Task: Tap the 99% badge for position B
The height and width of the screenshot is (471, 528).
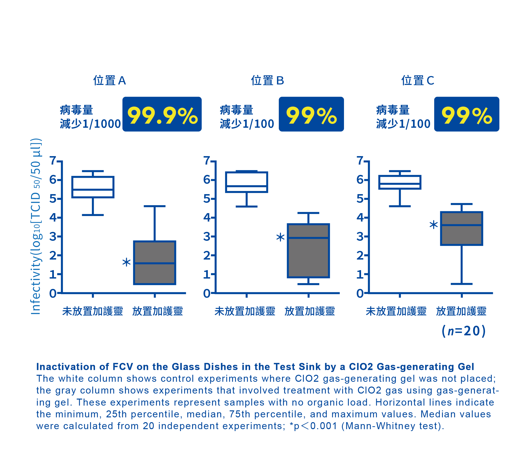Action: click(x=311, y=114)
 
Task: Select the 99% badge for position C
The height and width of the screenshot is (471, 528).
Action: click(x=466, y=114)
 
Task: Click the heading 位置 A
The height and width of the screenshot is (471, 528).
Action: click(x=109, y=81)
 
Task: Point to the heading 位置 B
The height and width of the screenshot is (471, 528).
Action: click(x=267, y=81)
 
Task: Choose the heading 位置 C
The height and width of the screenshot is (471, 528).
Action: click(x=418, y=81)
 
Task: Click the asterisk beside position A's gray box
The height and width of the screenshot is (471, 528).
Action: click(x=126, y=262)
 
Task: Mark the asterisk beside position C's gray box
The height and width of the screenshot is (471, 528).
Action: click(x=433, y=225)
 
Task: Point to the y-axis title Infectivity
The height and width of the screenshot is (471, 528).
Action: click(x=36, y=226)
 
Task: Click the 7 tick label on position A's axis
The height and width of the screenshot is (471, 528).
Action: click(x=53, y=161)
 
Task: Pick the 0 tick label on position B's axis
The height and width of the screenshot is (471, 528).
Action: click(x=207, y=293)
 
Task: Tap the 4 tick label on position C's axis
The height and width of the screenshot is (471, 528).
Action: click(x=360, y=217)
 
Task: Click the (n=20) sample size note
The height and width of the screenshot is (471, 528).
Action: click(x=464, y=331)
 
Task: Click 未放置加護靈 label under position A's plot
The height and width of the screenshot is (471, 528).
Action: click(x=93, y=311)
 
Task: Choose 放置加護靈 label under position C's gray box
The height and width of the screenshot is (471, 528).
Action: click(x=461, y=311)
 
